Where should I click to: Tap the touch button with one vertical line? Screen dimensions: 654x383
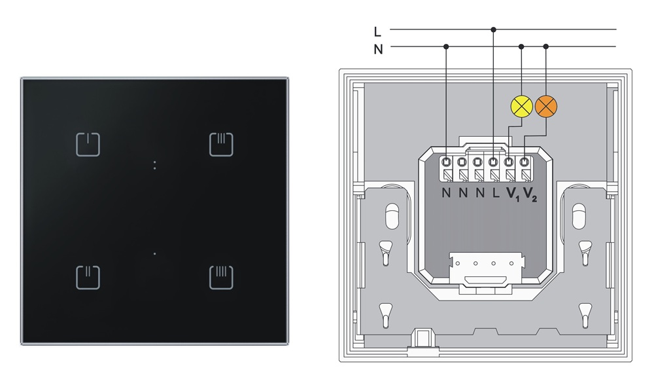pyautogui.click(x=88, y=145)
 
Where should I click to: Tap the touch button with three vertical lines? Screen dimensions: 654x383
pyautogui.click(x=221, y=145)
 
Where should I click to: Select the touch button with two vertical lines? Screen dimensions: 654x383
pyautogui.click(x=88, y=278)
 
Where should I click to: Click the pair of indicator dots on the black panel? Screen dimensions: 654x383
pyautogui.click(x=155, y=165)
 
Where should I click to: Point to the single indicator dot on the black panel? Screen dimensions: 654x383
pyautogui.click(x=155, y=253)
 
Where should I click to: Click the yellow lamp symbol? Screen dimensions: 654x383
pyautogui.click(x=522, y=106)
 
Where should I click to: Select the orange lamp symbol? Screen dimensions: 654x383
pyautogui.click(x=546, y=106)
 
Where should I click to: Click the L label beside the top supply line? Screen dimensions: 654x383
pyautogui.click(x=377, y=31)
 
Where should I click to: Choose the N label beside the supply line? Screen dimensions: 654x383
pyautogui.click(x=378, y=49)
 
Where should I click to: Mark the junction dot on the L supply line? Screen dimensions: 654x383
pyautogui.click(x=493, y=29)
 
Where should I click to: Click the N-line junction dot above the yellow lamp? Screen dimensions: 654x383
pyautogui.click(x=521, y=46)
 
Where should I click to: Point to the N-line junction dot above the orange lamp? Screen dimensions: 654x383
pyautogui.click(x=546, y=46)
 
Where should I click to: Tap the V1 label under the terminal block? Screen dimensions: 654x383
pyautogui.click(x=513, y=194)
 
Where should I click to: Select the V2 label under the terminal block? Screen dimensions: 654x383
pyautogui.click(x=530, y=194)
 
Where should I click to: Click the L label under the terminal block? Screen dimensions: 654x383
pyautogui.click(x=496, y=193)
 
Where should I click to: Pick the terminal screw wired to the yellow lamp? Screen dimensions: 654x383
pyautogui.click(x=509, y=162)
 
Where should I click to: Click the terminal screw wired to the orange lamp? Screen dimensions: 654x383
pyautogui.click(x=525, y=162)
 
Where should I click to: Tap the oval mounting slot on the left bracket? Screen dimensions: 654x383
pyautogui.click(x=392, y=216)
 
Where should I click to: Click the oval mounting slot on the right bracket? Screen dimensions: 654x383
pyautogui.click(x=579, y=216)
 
